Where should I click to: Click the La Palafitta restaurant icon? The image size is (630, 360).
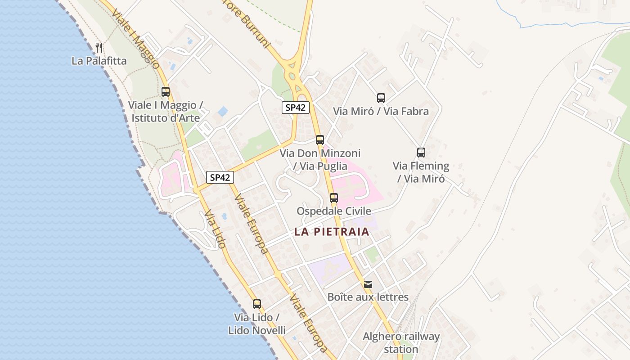[x=99, y=47]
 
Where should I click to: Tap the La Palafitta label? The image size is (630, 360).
[x=99, y=61]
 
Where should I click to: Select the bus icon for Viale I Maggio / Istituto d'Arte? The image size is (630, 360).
[x=166, y=92]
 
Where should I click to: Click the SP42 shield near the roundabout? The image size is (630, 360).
[x=296, y=108]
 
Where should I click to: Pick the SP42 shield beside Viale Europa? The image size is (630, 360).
[x=220, y=177]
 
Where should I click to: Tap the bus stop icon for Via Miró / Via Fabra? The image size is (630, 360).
[x=381, y=98]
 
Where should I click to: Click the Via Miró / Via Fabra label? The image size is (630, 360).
[x=381, y=111]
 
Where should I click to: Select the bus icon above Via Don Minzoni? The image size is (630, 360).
[x=320, y=140]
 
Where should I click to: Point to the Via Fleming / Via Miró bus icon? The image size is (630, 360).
[x=421, y=153]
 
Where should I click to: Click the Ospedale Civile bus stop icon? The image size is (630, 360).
[x=334, y=198]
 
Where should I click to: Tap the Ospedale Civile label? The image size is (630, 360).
[x=334, y=211]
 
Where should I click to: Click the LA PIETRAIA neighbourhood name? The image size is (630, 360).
[x=332, y=232]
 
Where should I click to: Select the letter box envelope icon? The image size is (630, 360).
[x=368, y=284]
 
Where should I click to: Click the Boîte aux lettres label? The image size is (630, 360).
[x=368, y=297]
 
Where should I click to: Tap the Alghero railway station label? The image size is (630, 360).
[x=401, y=342]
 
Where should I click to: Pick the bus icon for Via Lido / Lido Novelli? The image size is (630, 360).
[x=257, y=304]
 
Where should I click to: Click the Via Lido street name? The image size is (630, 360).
[x=215, y=229]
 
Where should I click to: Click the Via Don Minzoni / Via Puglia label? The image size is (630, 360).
[x=320, y=160]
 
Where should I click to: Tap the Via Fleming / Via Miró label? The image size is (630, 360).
[x=421, y=172]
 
